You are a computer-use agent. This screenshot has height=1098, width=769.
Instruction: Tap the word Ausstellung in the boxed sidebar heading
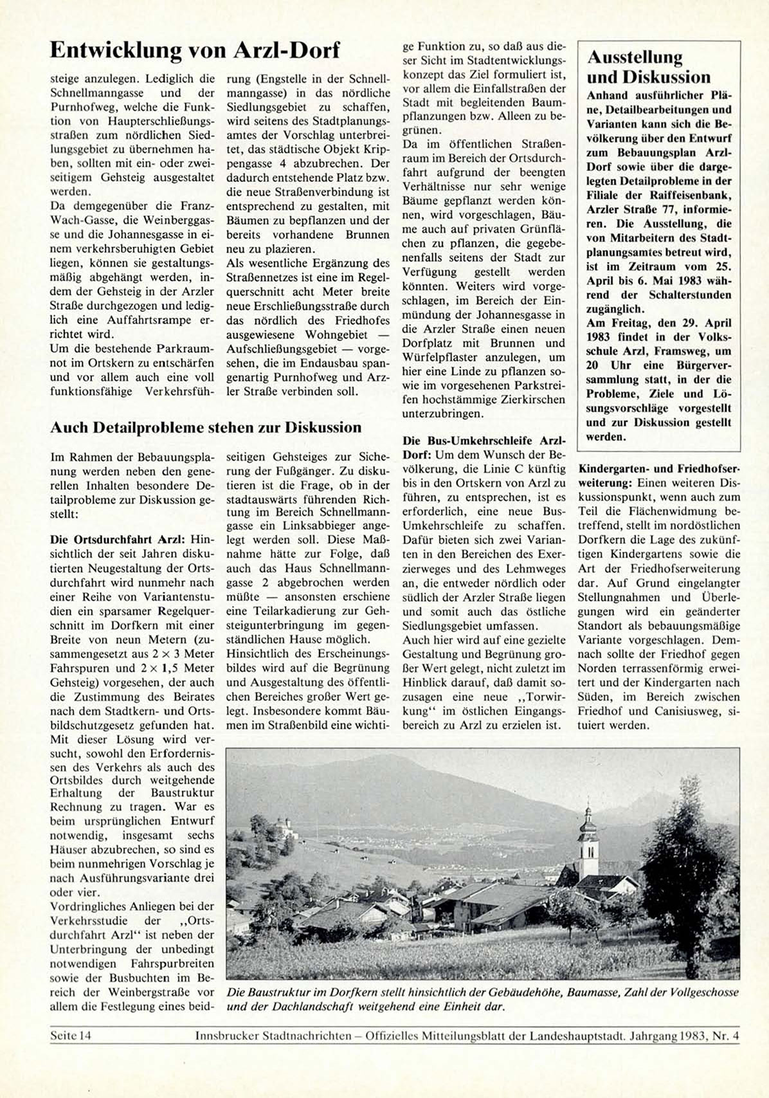[634, 57]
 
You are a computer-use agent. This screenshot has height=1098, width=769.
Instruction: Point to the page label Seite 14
[71, 1036]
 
